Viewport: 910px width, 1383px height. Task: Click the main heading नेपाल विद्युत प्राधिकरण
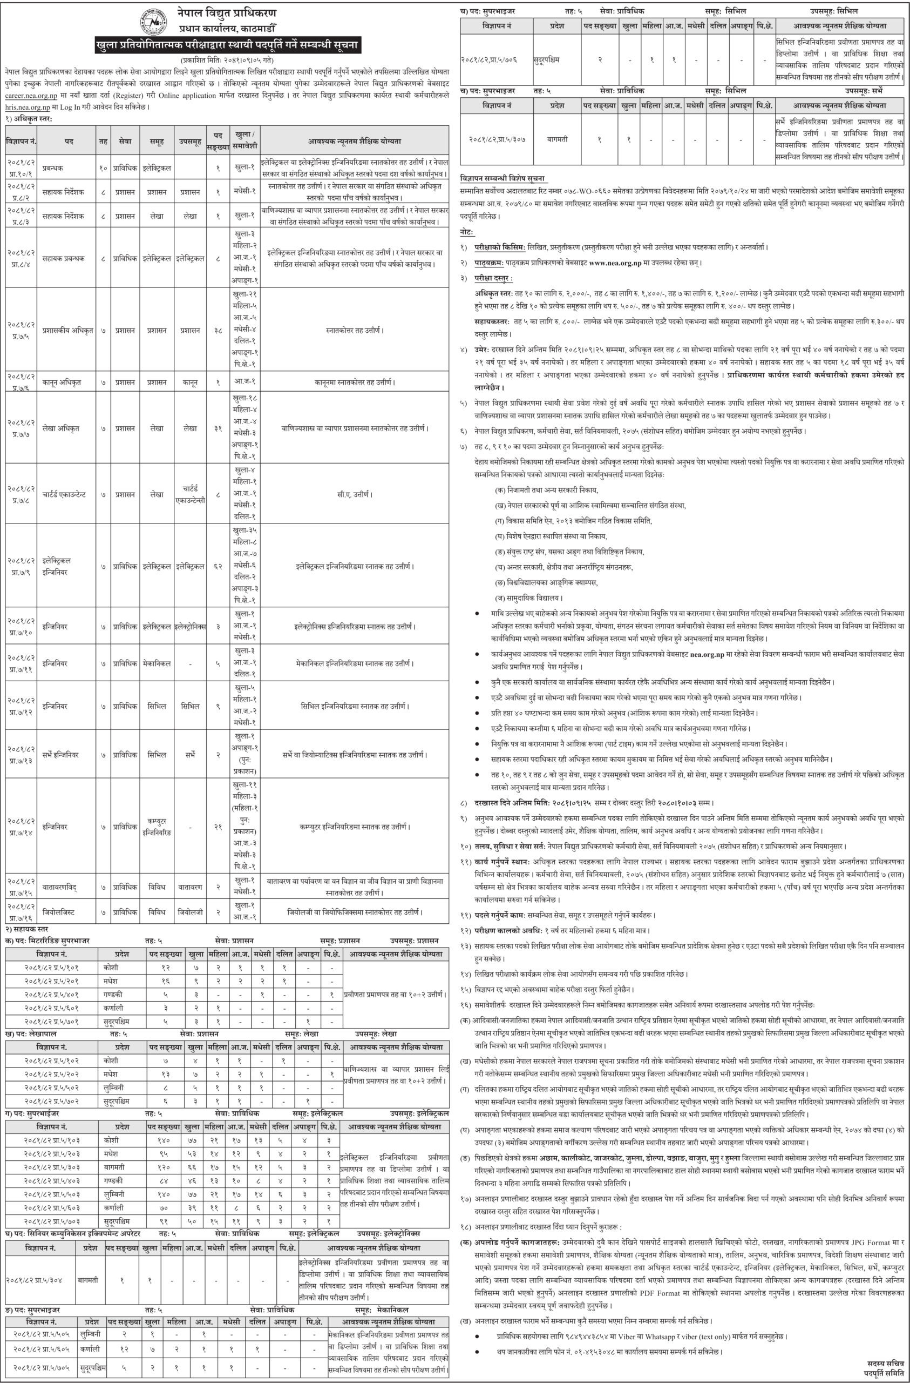coord(226,12)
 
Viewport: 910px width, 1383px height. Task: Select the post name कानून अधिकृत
coord(62,382)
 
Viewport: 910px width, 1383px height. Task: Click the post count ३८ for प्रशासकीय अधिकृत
coord(218,330)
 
